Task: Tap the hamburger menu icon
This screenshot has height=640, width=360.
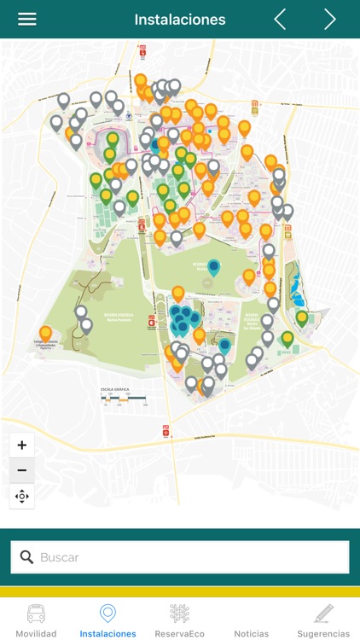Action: click(27, 20)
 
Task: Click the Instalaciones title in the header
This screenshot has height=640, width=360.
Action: click(180, 20)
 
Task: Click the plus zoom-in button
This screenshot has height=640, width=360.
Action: click(22, 445)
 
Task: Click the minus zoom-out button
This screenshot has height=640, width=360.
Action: click(22, 470)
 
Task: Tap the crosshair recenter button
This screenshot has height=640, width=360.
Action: click(22, 496)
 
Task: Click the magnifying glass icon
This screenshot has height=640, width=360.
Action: click(26, 557)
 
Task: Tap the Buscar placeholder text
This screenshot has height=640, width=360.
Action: click(60, 557)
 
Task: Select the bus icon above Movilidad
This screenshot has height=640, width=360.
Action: click(36, 614)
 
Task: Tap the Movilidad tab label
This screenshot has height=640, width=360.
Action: click(36, 634)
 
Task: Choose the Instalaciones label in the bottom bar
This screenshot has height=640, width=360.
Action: click(107, 634)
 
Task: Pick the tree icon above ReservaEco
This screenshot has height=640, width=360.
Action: click(179, 614)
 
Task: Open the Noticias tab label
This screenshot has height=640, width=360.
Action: click(252, 634)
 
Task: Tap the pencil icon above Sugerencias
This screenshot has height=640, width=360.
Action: click(323, 614)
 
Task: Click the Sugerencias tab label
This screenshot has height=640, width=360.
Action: click(323, 634)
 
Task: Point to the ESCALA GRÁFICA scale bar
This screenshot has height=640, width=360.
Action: click(125, 398)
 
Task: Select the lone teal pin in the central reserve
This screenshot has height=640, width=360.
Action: click(213, 267)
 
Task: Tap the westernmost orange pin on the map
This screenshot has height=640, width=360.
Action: click(45, 333)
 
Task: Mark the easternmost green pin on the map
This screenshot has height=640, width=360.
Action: click(302, 318)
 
